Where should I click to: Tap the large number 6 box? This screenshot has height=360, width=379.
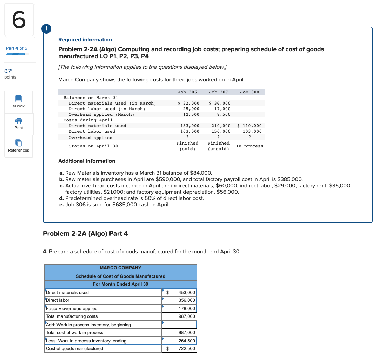point(19,20)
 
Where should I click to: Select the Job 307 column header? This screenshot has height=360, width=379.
point(218,92)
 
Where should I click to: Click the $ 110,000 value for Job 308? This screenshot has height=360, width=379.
point(250,126)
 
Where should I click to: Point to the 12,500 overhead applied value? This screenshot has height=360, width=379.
point(191,114)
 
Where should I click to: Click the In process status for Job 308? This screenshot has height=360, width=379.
point(250,146)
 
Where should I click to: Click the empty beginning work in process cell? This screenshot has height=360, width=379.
point(179,325)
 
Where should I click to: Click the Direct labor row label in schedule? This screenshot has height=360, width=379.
point(58,300)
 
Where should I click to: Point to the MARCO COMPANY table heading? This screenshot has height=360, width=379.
point(120,268)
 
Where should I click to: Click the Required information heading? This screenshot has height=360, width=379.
point(85,40)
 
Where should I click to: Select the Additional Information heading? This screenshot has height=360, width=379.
point(87,161)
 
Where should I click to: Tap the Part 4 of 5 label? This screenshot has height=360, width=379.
point(16,48)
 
